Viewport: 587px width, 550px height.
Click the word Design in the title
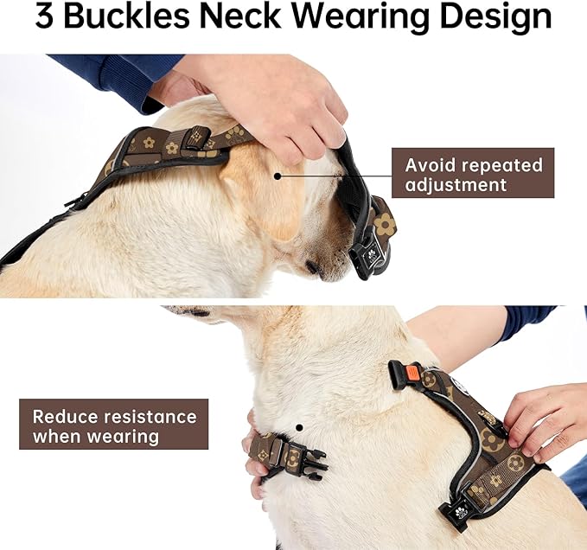(505, 18)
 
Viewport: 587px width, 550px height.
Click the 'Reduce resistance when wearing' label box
(114, 425)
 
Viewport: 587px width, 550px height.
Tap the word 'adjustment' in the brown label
(456, 185)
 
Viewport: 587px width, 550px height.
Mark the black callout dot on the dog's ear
(277, 174)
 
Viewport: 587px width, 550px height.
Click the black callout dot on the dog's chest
(298, 426)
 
